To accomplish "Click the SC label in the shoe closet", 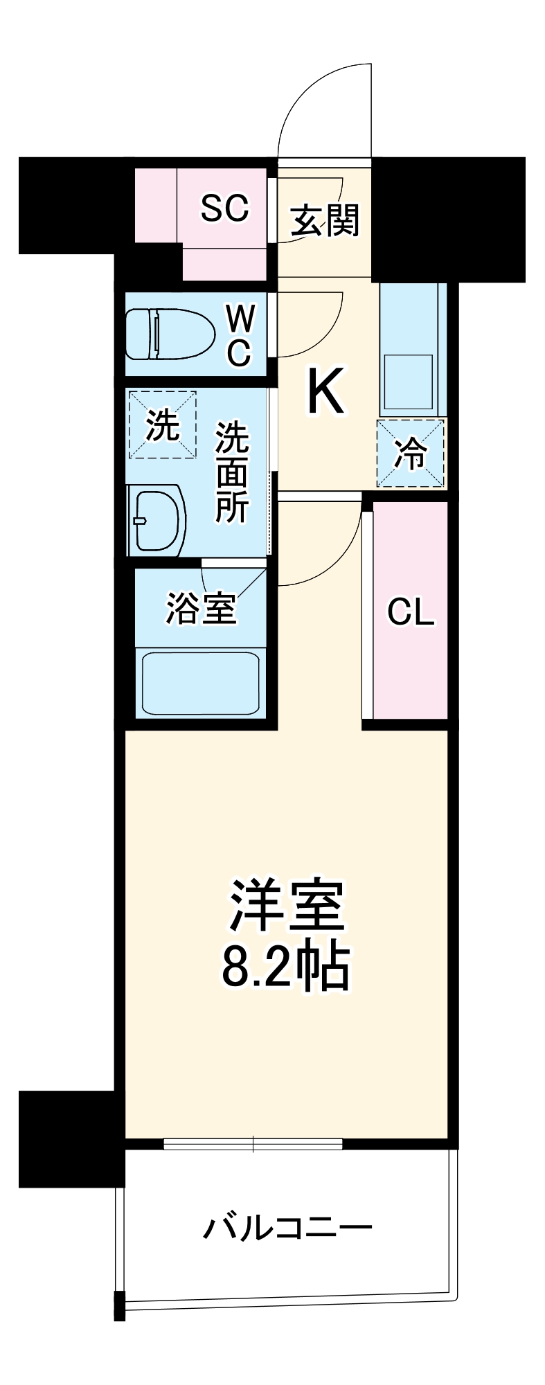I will tap(224, 207).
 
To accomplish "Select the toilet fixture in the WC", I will tap(169, 334).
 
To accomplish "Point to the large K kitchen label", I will tap(325, 392).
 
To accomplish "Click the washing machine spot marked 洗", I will tap(163, 425).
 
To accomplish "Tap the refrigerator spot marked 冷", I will tap(411, 453).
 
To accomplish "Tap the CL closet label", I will tap(411, 612).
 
